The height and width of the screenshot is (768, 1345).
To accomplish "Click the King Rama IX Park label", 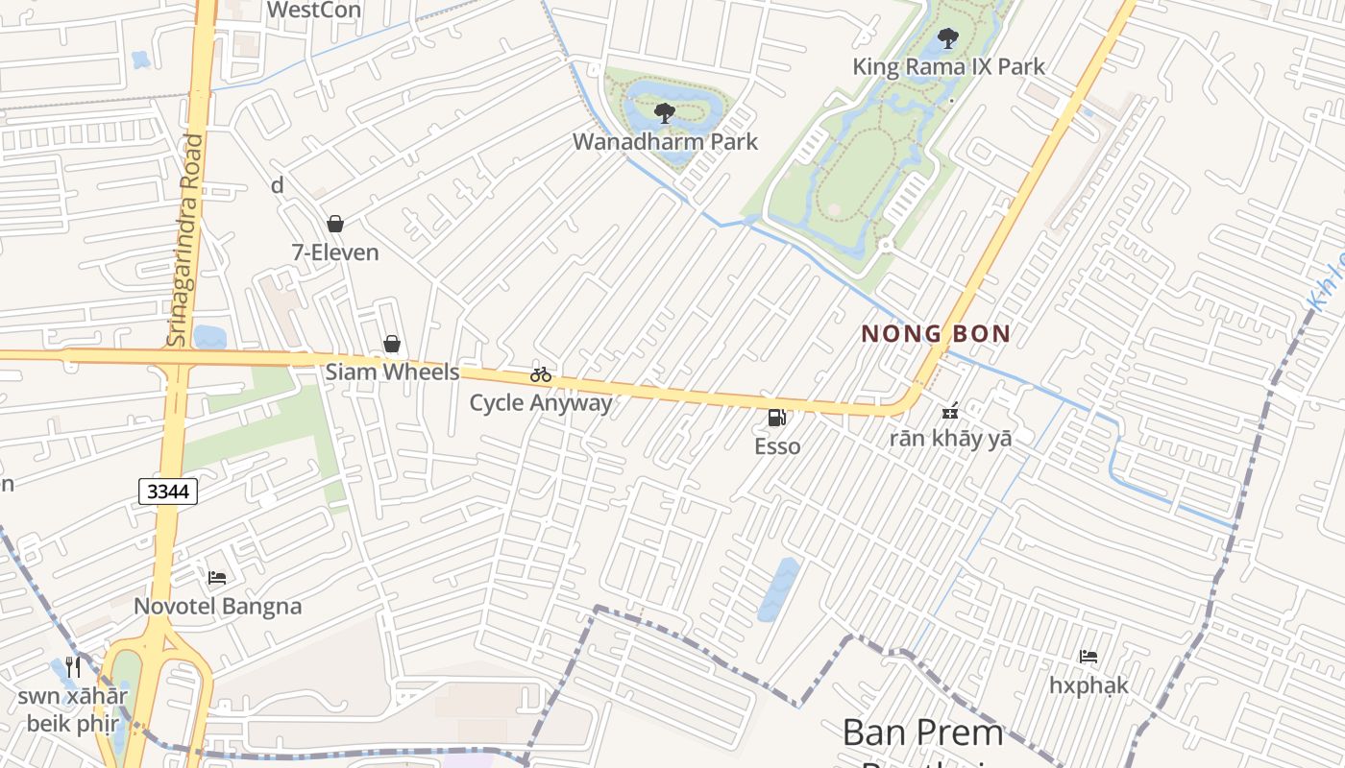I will (948, 66).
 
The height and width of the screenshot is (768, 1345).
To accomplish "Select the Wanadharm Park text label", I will (665, 141).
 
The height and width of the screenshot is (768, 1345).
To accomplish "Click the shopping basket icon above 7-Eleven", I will (335, 224).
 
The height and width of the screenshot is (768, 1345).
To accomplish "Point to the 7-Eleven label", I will (335, 252).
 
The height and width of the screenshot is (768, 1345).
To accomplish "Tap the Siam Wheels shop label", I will (392, 372).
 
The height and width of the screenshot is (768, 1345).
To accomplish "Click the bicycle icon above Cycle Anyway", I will (541, 374).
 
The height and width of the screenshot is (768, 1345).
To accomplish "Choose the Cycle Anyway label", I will (540, 402).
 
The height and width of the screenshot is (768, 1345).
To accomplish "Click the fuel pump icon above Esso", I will (777, 418).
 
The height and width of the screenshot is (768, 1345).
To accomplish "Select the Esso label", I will (777, 446).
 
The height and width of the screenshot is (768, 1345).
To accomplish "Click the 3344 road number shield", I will (168, 492).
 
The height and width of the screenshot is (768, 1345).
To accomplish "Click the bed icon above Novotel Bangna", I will (217, 578).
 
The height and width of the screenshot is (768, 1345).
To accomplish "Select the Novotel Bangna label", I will (217, 606).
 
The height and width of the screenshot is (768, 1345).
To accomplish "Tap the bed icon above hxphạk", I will (1088, 657).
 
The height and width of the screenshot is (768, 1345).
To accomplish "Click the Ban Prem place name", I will (922, 732).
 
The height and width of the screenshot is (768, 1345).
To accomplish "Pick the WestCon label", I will (313, 10).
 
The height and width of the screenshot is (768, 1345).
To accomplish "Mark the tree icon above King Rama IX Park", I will (948, 39).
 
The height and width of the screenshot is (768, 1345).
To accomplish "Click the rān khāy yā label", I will (950, 439).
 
